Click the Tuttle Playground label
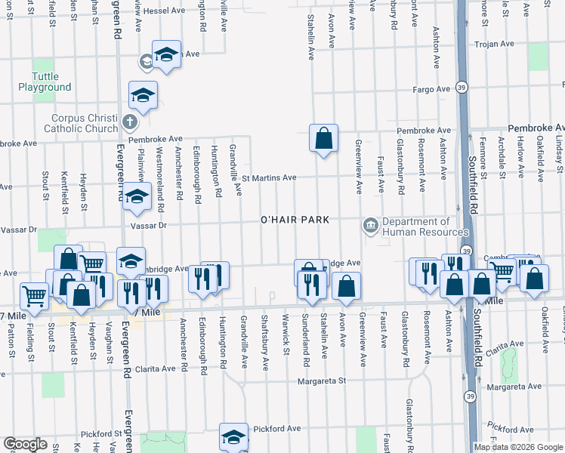pos(51,82)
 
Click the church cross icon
pos(130,122)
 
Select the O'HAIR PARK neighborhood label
pos(295,220)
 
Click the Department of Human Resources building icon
pos(370,224)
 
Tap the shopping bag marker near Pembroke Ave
pos(323,138)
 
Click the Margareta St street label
pos(320,381)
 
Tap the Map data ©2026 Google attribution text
pos(518,447)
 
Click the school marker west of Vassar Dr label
pos(137,197)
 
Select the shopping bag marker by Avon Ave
pos(347,286)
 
